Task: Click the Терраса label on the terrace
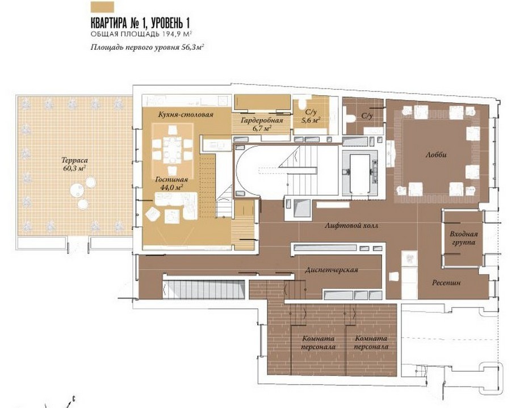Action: click(74, 160)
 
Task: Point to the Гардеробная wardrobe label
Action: click(262, 120)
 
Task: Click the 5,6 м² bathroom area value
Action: click(311, 120)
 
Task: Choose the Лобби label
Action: click(436, 155)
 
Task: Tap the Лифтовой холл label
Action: click(351, 225)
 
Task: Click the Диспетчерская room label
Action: click(332, 270)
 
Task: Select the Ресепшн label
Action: click(446, 283)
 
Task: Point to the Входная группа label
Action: click(463, 238)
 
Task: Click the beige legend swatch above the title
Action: click(102, 7)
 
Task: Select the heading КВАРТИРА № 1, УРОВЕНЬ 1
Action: click(140, 23)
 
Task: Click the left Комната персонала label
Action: click(318, 343)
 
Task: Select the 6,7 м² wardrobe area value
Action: click(262, 129)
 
